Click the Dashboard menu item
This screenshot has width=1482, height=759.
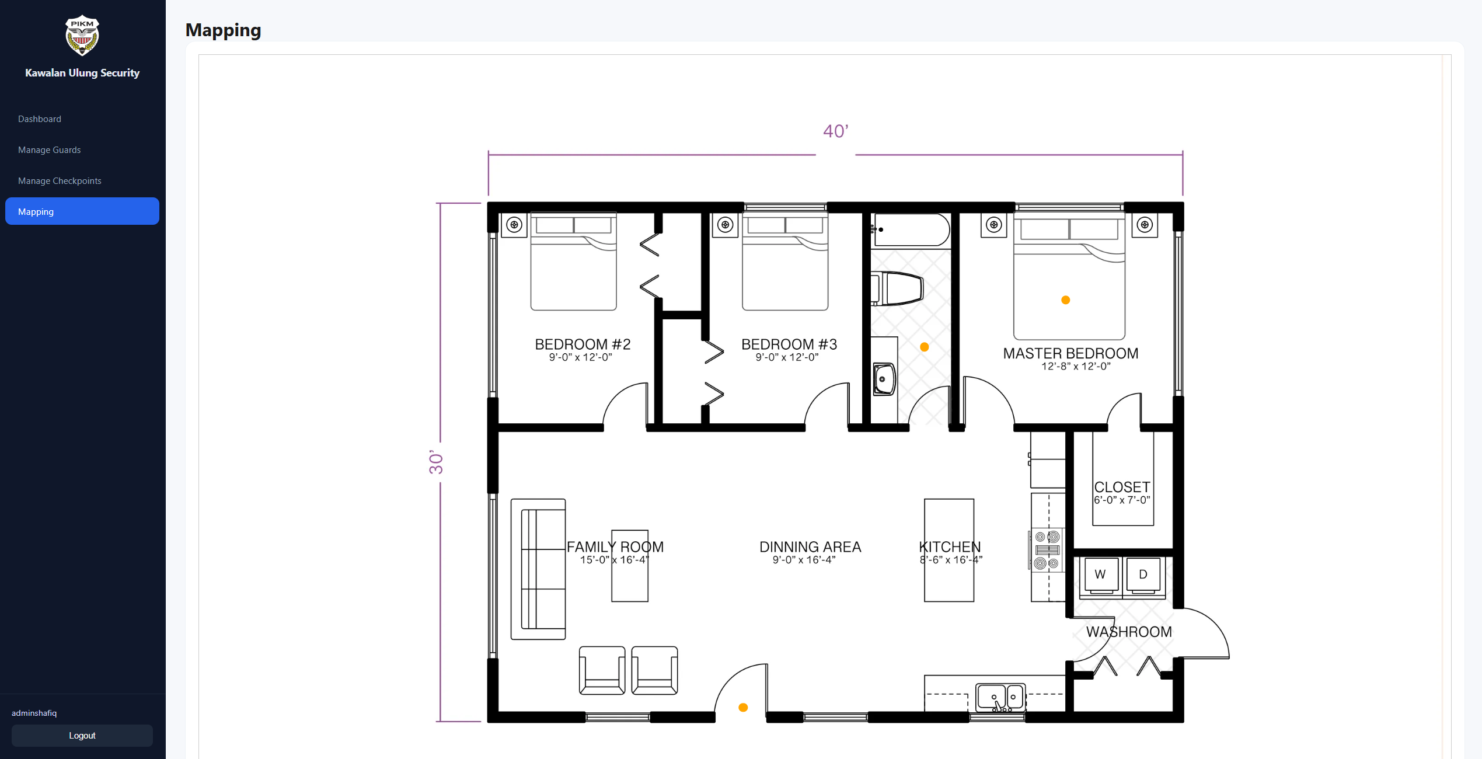[40, 119]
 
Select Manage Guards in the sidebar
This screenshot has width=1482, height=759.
[50, 150]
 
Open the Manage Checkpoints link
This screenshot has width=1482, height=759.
[60, 181]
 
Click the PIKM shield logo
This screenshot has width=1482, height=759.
[82, 35]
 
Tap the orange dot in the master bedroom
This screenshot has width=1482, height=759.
[1065, 300]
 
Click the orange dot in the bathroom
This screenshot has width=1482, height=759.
[924, 347]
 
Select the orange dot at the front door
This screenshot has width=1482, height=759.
[743, 708]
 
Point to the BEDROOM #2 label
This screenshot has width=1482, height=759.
[583, 344]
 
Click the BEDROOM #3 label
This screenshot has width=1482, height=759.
[789, 344]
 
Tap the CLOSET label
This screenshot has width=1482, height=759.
[1122, 487]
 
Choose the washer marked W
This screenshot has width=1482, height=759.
[1100, 575]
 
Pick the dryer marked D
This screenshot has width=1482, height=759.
[1143, 575]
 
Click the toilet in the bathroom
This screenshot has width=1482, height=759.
[897, 288]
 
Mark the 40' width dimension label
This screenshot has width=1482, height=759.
[836, 131]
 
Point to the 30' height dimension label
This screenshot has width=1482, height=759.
[436, 462]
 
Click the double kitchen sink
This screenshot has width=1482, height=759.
[1000, 698]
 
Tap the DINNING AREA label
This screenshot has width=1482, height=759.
[810, 547]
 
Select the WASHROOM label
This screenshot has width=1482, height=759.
[1129, 632]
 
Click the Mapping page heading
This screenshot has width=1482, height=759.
[223, 30]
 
